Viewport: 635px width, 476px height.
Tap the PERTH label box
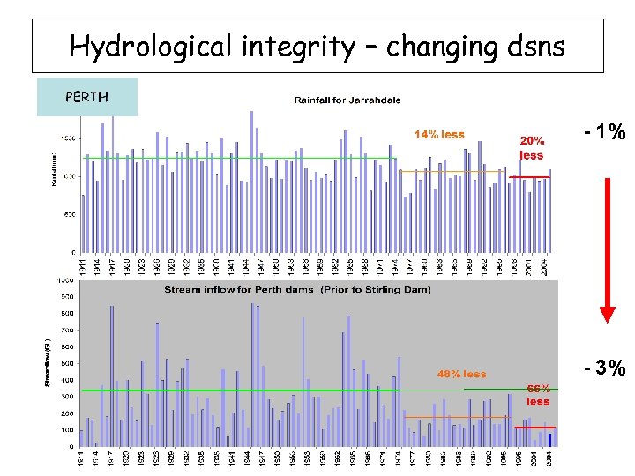pyautogui.click(x=86, y=97)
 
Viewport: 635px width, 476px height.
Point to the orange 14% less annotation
pyautogui.click(x=439, y=135)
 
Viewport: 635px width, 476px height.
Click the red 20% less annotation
pyautogui.click(x=531, y=147)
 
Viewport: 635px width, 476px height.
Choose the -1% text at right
pyautogui.click(x=605, y=133)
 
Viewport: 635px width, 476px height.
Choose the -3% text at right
pyautogui.click(x=605, y=367)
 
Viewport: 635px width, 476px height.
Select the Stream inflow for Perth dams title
pyautogui.click(x=297, y=289)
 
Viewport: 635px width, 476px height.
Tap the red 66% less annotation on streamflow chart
pyautogui.click(x=538, y=394)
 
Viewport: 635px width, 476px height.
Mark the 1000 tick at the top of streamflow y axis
pyautogui.click(x=65, y=279)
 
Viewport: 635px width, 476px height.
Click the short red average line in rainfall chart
pyautogui.click(x=531, y=177)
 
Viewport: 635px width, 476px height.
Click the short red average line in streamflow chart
pyautogui.click(x=535, y=427)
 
